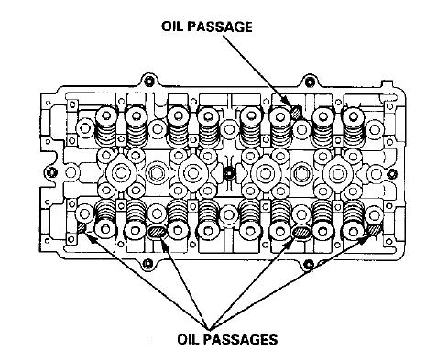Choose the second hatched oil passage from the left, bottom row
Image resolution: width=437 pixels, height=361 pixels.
tap(157, 233)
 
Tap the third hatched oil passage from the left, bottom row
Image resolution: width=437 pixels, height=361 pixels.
tap(300, 233)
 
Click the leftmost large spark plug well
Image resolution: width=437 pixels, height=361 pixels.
tap(118, 172)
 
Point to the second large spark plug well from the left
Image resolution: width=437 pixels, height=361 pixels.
tap(190, 172)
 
